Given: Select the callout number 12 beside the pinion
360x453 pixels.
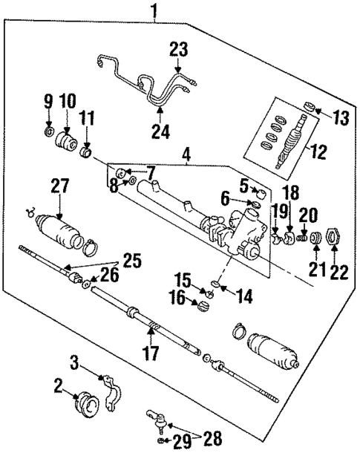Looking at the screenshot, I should (x=318, y=154).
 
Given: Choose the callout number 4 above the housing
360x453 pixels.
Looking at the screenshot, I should (x=186, y=156).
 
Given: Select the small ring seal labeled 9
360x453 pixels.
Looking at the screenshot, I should (x=48, y=134).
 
